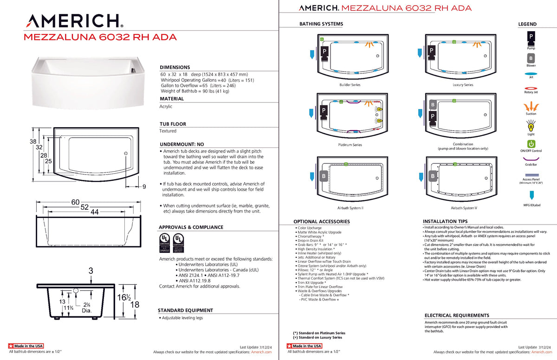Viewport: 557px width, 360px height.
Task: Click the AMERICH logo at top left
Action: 75,20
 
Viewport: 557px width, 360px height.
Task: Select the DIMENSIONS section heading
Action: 175,67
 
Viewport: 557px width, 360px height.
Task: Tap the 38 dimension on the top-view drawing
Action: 33,141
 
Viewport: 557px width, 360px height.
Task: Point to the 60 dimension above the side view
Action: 76,202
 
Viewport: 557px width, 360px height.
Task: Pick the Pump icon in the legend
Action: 531,37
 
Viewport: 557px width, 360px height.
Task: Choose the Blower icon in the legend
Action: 531,58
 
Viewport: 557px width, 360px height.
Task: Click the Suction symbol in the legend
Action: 531,107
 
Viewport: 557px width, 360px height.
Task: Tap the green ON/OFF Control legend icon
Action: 531,144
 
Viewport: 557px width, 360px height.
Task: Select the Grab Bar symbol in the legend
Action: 531,158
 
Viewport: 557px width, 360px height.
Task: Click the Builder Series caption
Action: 350,85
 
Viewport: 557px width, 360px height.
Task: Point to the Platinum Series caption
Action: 350,145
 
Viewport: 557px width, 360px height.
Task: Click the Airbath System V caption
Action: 463,208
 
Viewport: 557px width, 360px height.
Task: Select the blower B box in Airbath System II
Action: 324,176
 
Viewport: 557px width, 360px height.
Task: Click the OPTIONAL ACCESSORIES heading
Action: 322,222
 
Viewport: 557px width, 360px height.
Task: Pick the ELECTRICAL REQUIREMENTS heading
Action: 457,315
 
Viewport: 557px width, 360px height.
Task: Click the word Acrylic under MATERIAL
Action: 166,106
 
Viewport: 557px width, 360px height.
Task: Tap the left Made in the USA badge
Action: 26,346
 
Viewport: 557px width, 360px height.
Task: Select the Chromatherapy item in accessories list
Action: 311,236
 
